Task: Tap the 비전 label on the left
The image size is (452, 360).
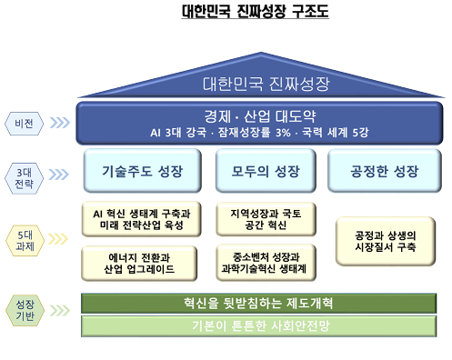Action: [x=25, y=122]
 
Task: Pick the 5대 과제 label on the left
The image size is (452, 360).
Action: [x=25, y=238]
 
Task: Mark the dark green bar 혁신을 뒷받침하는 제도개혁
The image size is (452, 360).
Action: [x=257, y=302]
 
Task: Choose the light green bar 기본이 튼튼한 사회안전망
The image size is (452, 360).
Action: [x=257, y=325]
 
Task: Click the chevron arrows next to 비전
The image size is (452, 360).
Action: [x=61, y=122]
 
